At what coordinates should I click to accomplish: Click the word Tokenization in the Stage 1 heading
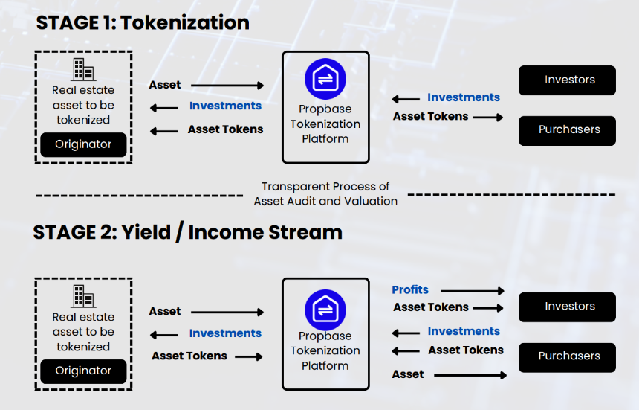point(185,22)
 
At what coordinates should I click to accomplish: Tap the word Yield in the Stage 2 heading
point(146,232)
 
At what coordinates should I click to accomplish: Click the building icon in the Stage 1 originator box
point(83,69)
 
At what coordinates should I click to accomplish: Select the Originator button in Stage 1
point(83,144)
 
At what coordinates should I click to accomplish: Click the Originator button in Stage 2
point(83,371)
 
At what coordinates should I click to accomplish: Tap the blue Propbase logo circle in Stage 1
point(325,79)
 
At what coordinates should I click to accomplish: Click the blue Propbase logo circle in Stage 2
point(325,310)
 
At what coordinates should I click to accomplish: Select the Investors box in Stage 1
point(567,80)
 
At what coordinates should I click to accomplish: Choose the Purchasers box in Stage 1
point(567,130)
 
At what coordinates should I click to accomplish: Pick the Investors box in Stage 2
point(567,307)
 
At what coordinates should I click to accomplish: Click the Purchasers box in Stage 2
point(567,357)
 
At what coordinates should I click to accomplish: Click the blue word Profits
point(410,289)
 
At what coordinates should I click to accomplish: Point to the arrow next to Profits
point(473,291)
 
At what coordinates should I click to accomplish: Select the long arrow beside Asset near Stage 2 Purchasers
point(470,375)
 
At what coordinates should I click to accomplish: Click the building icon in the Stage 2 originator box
point(83,296)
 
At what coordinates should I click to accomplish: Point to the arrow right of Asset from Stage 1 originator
point(227,86)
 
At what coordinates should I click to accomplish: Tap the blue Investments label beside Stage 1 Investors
point(464,97)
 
